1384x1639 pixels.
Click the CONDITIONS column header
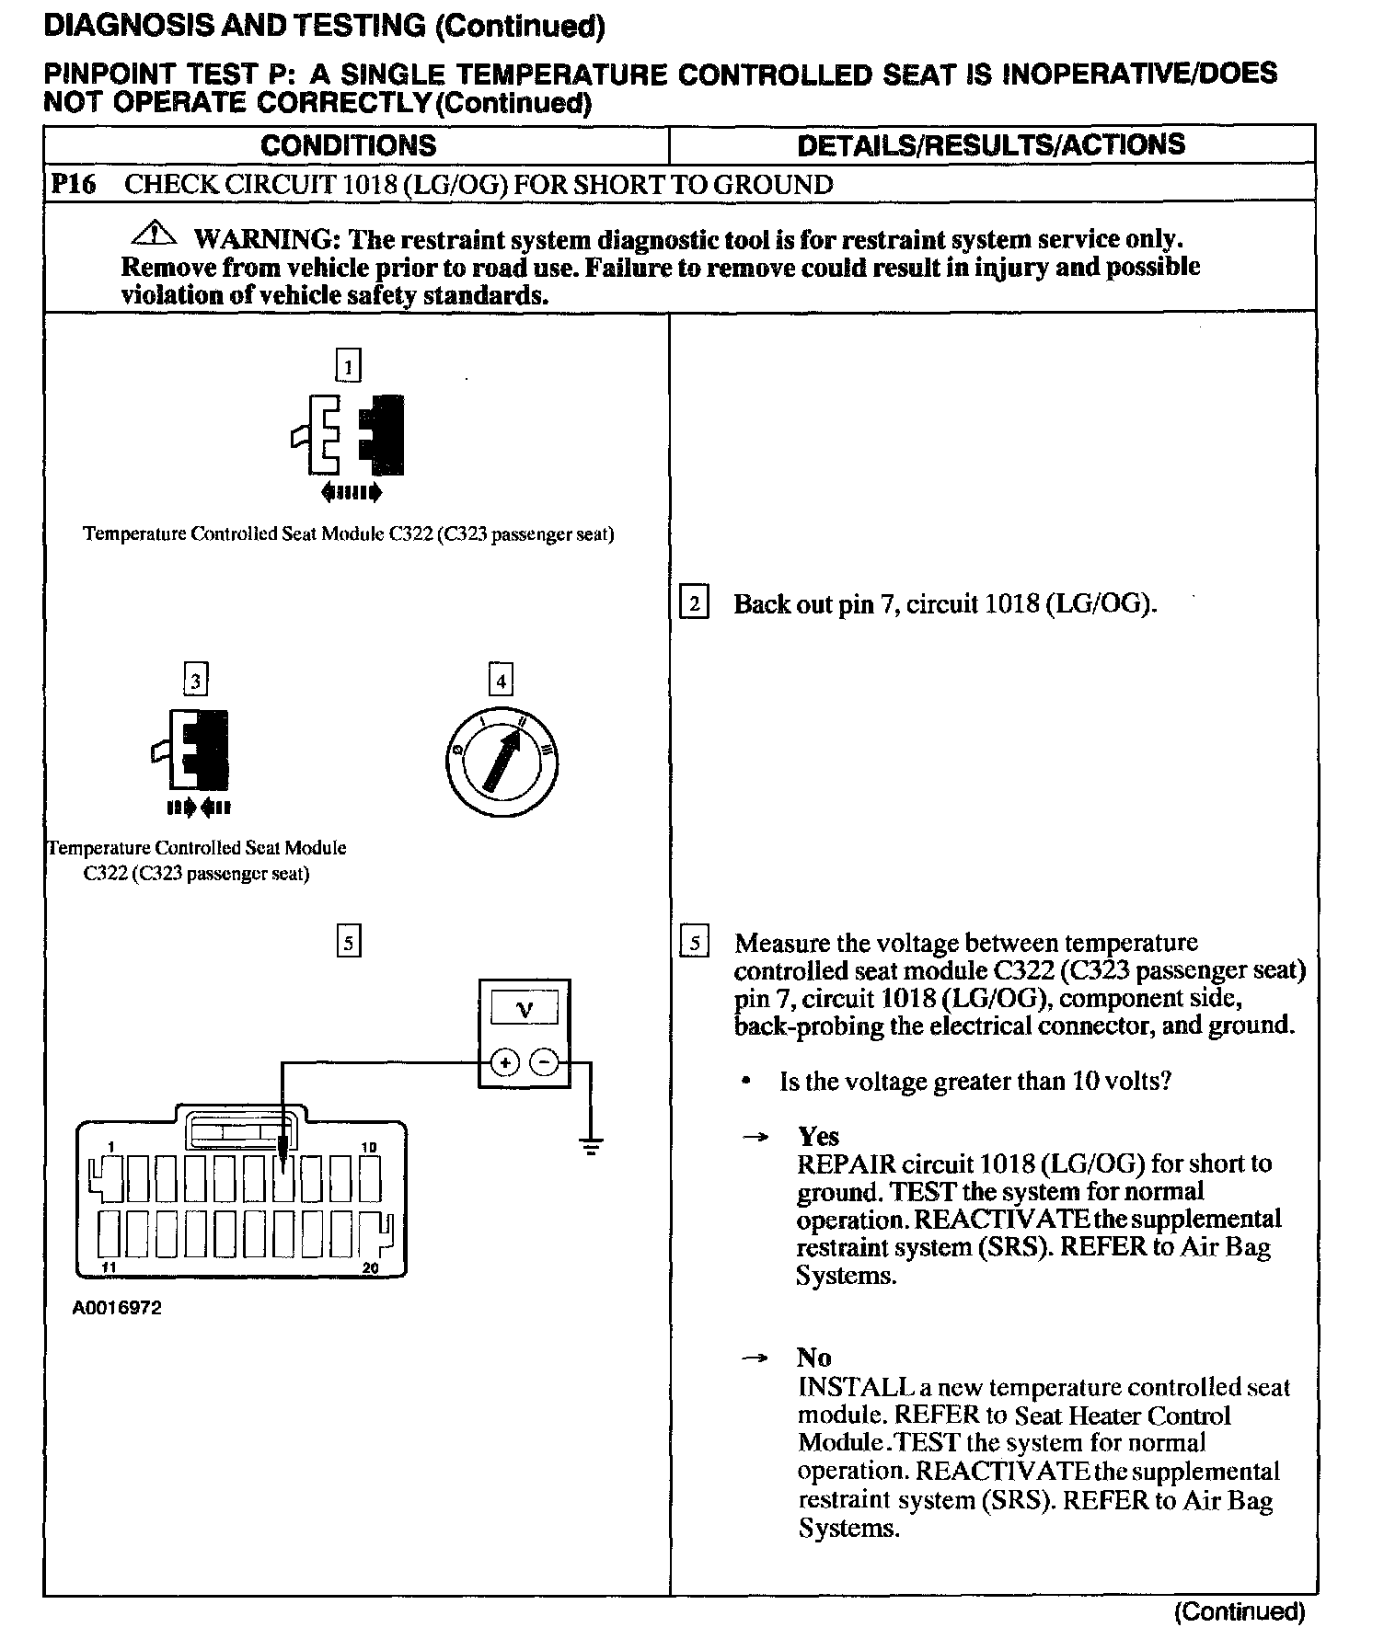pyautogui.click(x=348, y=145)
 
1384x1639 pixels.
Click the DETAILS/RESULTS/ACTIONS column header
pyautogui.click(x=991, y=145)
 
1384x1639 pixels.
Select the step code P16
pyautogui.click(x=73, y=185)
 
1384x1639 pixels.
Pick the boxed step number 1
pyautogui.click(x=348, y=366)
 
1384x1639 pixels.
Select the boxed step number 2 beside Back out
pyautogui.click(x=694, y=603)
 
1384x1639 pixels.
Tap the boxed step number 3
pyautogui.click(x=195, y=681)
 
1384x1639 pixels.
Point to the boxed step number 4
pyautogui.click(x=501, y=681)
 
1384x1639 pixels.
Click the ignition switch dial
pyautogui.click(x=501, y=762)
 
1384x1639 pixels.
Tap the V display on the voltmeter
pyautogui.click(x=525, y=1009)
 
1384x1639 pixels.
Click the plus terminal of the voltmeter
pyautogui.click(x=504, y=1062)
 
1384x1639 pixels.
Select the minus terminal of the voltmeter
pyautogui.click(x=546, y=1062)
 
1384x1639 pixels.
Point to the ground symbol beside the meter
pyautogui.click(x=591, y=1146)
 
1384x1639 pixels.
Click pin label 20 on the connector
pyautogui.click(x=370, y=1267)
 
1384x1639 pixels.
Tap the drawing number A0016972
pyautogui.click(x=117, y=1307)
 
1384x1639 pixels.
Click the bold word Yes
pyautogui.click(x=818, y=1136)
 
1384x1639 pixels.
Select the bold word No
pyautogui.click(x=813, y=1358)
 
